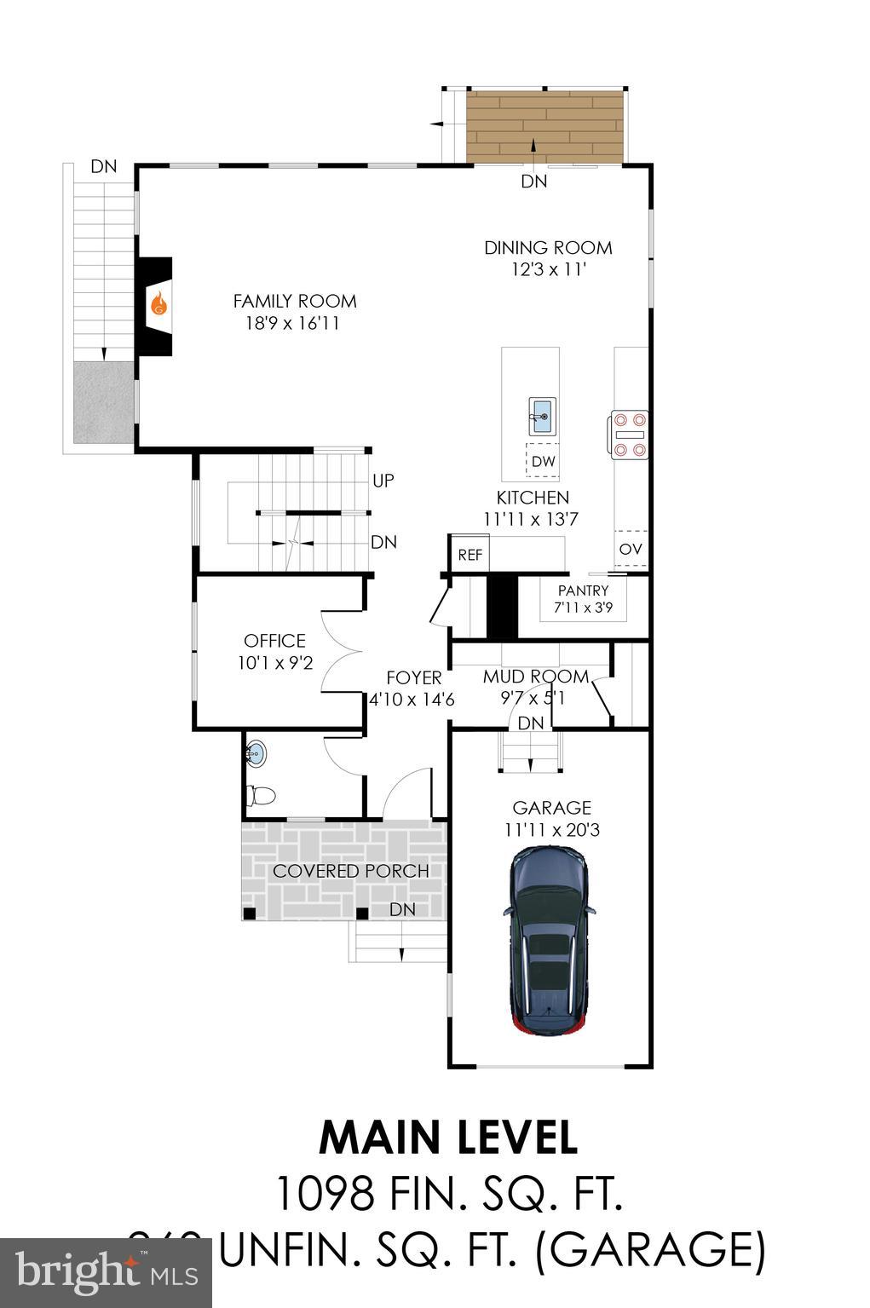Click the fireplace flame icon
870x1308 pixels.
pyautogui.click(x=158, y=304)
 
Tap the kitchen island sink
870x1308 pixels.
pyautogui.click(x=542, y=416)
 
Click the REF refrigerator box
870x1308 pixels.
pyautogui.click(x=470, y=555)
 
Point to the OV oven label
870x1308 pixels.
pyautogui.click(x=631, y=549)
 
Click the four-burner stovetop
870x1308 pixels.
pyautogui.click(x=629, y=435)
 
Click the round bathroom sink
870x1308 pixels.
pyautogui.click(x=256, y=753)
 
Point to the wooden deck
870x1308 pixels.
pyautogui.click(x=544, y=125)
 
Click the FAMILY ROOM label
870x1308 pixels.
pyautogui.click(x=295, y=301)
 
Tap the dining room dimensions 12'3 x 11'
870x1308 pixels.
pyautogui.click(x=548, y=269)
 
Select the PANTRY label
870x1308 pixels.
pyautogui.click(x=583, y=591)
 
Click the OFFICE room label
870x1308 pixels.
pyautogui.click(x=274, y=641)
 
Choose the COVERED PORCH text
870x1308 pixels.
pyautogui.click(x=350, y=871)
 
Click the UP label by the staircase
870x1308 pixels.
pyautogui.click(x=383, y=481)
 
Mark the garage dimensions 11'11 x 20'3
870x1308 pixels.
pyautogui.click(x=551, y=829)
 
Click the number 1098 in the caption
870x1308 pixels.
pyautogui.click(x=325, y=1193)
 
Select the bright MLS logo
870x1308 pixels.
pyautogui.click(x=107, y=1273)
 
